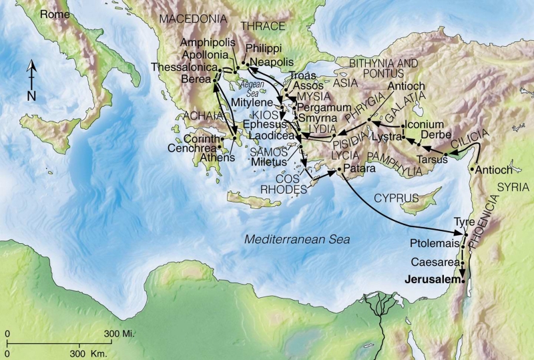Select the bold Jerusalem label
tap(432, 281)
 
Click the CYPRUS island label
tap(395, 198)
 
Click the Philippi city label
tap(264, 49)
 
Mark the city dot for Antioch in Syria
tap(473, 169)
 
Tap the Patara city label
tap(359, 170)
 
